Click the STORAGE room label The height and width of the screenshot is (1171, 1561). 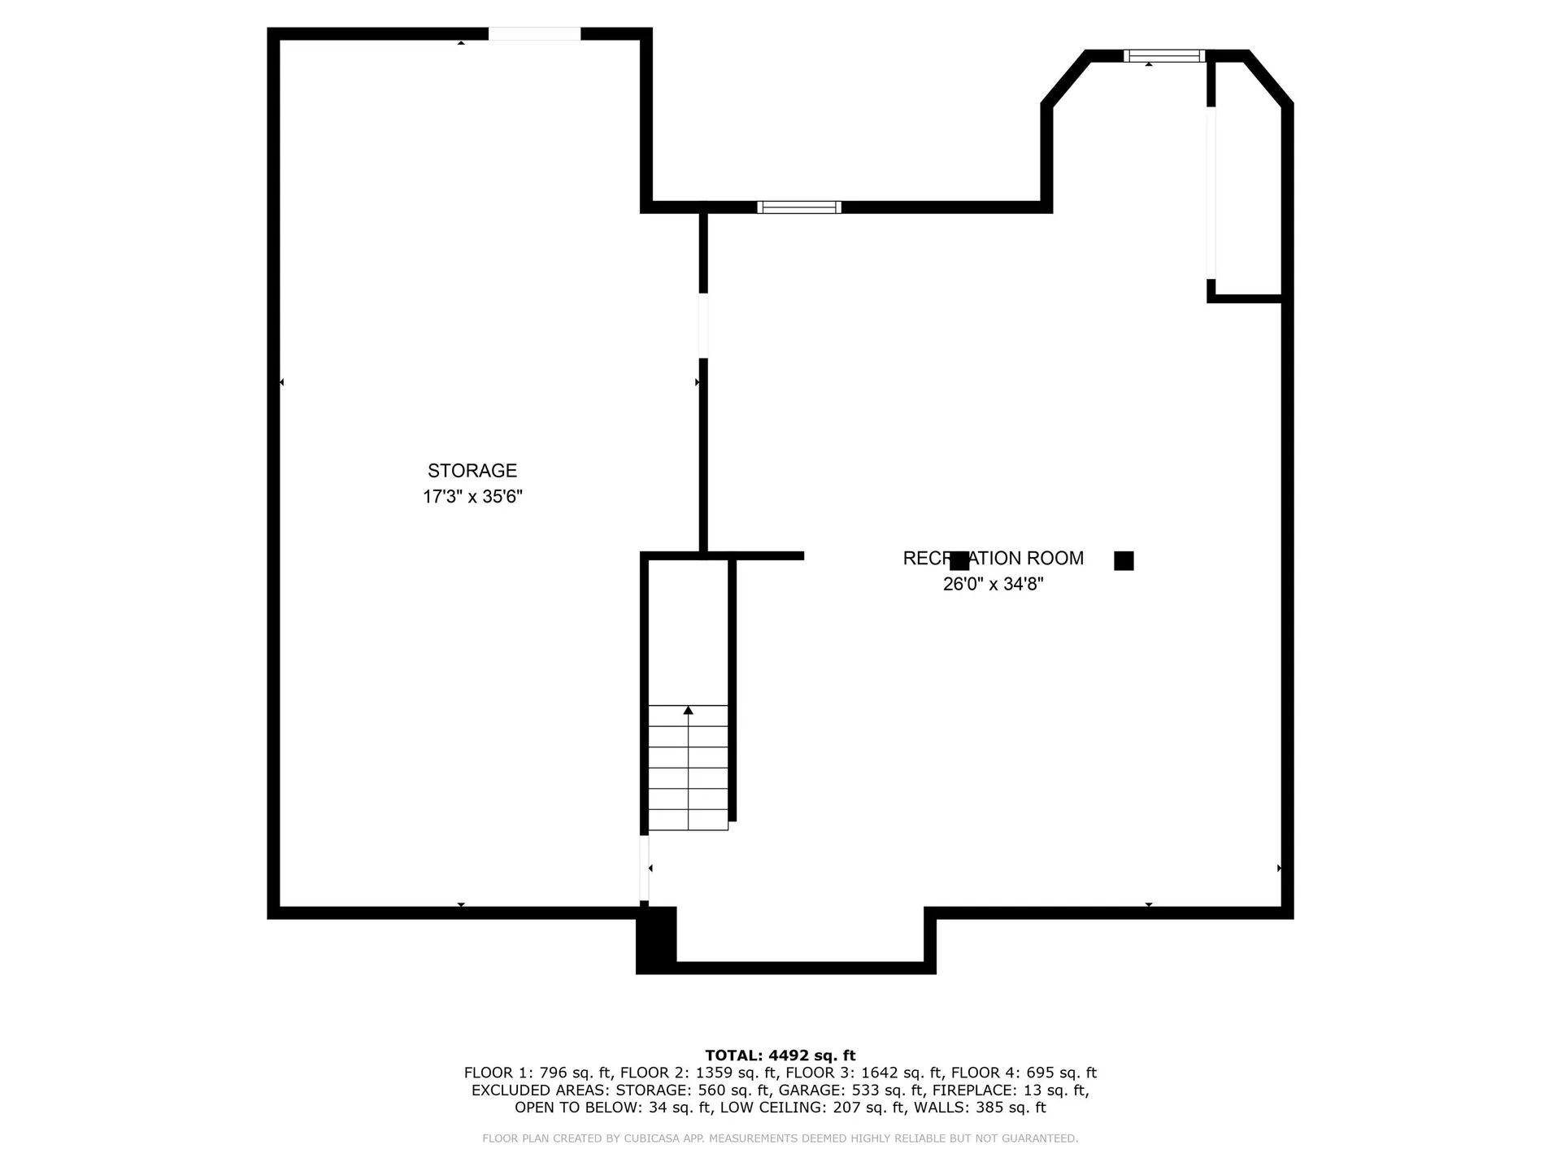point(472,471)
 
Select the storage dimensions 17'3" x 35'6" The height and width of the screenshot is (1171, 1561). point(472,497)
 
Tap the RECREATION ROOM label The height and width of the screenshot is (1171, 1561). point(993,559)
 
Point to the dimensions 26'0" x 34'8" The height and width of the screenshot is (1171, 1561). point(993,584)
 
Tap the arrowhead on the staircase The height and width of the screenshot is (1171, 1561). point(689,711)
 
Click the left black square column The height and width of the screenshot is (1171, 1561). point(959,561)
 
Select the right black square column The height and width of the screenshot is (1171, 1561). point(1124,561)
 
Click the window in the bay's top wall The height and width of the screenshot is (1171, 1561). point(1164,56)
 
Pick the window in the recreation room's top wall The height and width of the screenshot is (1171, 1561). point(798,207)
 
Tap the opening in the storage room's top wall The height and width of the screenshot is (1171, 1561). point(534,34)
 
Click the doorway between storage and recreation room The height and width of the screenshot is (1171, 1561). point(703,325)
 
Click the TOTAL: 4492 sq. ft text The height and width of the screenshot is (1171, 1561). point(780,1056)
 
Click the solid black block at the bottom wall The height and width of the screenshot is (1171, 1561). point(656,939)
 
